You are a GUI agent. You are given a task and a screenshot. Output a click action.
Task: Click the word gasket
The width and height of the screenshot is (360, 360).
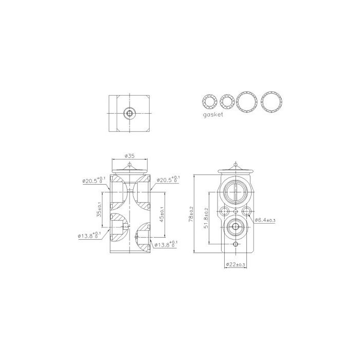coord(212,116)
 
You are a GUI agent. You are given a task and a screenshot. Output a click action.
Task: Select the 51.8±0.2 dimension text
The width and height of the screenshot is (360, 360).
coord(206,219)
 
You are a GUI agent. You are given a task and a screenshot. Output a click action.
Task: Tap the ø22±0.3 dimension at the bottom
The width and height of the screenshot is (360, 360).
coord(236,264)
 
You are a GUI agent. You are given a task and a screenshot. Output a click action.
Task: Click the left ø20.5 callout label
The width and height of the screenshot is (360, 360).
coord(94,181)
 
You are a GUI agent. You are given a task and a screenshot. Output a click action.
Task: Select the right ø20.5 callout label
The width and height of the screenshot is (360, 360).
coord(167,180)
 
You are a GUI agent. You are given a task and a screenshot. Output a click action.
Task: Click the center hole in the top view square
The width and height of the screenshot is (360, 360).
coord(130,113)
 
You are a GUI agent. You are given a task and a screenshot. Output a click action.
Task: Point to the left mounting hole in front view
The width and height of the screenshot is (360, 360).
coord(224,211)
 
